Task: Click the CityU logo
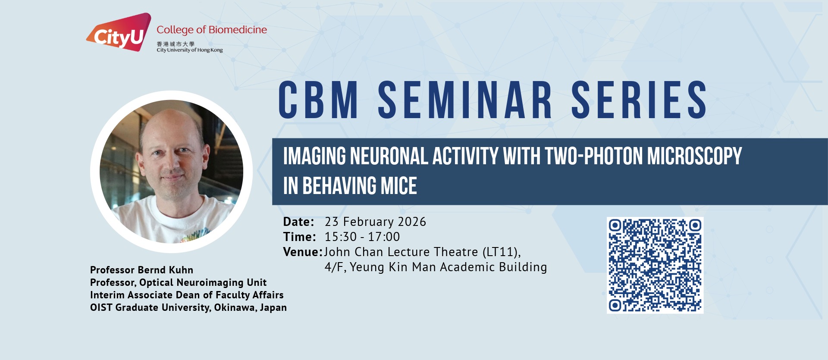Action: [119, 32]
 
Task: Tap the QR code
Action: [655, 265]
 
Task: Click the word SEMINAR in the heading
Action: [465, 100]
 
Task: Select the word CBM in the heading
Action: [318, 100]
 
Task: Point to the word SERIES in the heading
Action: [639, 100]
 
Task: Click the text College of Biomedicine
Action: [212, 30]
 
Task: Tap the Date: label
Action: [298, 222]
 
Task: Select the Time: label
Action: [299, 237]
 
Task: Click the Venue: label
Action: [303, 252]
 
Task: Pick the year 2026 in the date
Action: [412, 222]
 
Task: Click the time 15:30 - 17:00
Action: [362, 237]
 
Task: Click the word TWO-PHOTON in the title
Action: [593, 156]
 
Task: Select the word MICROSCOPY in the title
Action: [694, 156]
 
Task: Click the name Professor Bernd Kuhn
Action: [141, 270]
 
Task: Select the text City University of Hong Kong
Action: [190, 50]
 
